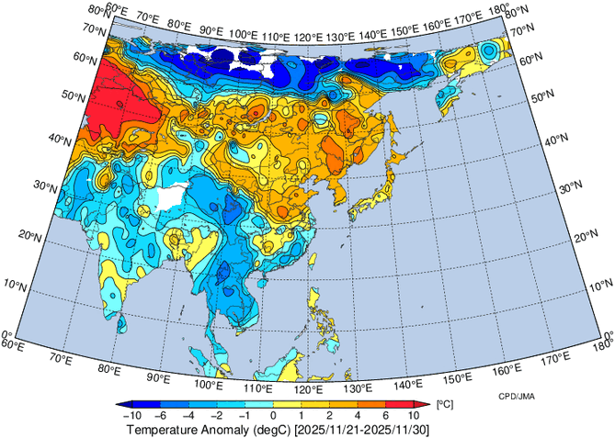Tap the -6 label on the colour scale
pyautogui.click(x=162, y=415)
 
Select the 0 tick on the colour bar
pyautogui.click(x=272, y=415)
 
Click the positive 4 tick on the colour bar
pyautogui.click(x=359, y=415)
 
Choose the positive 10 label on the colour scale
pyautogui.click(x=415, y=415)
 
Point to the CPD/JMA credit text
pyautogui.click(x=518, y=396)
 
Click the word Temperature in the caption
pyautogui.click(x=165, y=429)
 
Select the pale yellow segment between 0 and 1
pyautogui.click(x=286, y=404)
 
